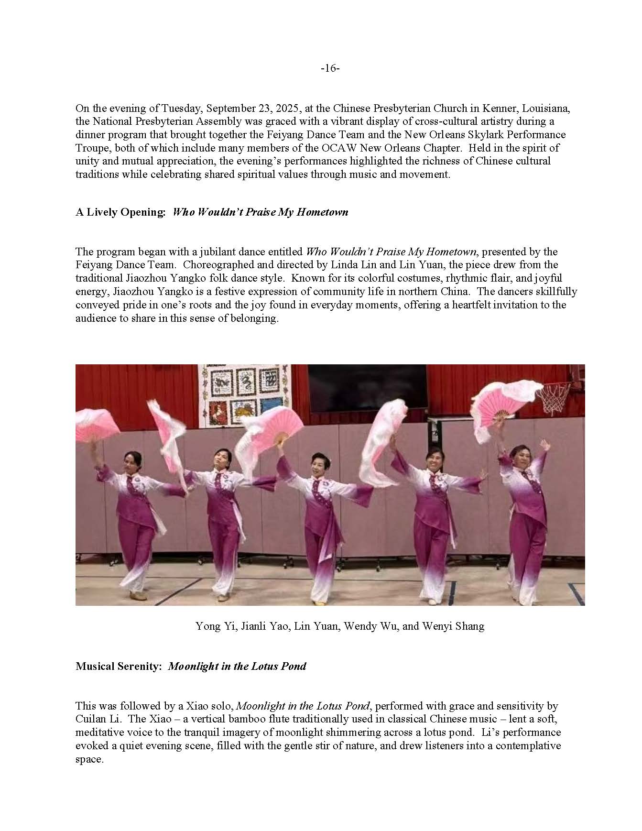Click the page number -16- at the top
tap(330, 68)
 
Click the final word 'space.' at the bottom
tap(89, 759)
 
